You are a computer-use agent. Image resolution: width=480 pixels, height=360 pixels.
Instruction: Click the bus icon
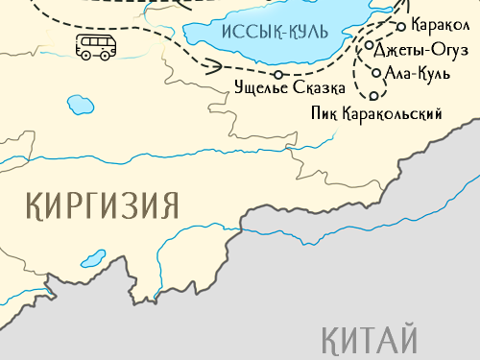pos(93,47)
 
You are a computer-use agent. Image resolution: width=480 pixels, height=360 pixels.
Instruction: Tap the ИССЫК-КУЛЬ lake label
pos(275,31)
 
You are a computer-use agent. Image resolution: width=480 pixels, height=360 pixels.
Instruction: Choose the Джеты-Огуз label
pos(422,49)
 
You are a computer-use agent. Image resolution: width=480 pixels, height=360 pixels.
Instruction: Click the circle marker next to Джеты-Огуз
pos(369,45)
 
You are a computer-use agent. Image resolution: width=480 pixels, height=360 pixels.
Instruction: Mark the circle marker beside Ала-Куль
pos(375,71)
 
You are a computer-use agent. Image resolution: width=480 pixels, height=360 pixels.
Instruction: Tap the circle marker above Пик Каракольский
pos(373,96)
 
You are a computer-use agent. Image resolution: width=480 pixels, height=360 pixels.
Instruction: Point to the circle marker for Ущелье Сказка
pos(277,74)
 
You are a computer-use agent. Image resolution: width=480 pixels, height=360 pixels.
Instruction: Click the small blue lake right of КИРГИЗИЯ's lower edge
pos(93,258)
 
